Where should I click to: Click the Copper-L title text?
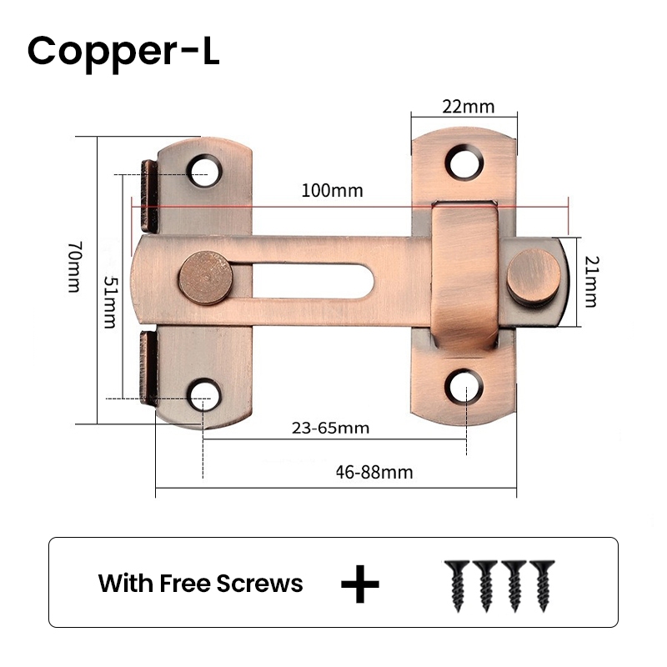coord(123,51)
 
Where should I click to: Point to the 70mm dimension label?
coord(74,267)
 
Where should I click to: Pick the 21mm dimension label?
coord(589,281)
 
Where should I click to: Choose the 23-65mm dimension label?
coord(330,429)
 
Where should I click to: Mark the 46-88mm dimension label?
coord(374,472)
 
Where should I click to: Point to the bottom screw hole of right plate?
coord(464,383)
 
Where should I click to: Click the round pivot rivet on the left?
coord(204,278)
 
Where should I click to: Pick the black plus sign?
coord(360,583)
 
